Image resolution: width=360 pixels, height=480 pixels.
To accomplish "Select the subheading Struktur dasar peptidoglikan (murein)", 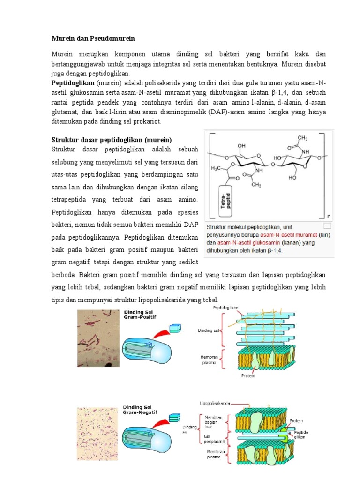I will point(112,140).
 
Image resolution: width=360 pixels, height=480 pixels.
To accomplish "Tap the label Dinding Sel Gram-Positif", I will point(139,315).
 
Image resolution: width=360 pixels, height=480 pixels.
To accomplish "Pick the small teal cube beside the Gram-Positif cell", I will point(174,329).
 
